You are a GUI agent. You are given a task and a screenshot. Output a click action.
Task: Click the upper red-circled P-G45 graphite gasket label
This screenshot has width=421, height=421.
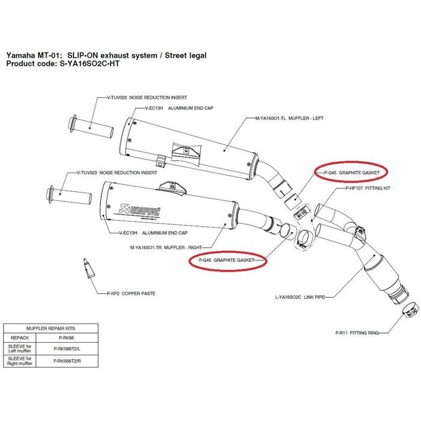coord(351,171)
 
